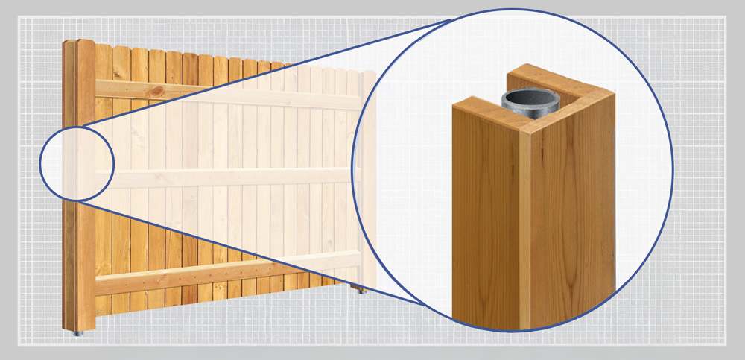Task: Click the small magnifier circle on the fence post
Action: [x=77, y=163]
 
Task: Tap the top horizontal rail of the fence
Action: [x=223, y=94]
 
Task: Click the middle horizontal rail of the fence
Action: [x=223, y=177]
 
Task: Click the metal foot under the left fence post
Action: [x=77, y=333]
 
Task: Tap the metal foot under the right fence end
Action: [x=362, y=290]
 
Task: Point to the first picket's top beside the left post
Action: [x=104, y=49]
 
